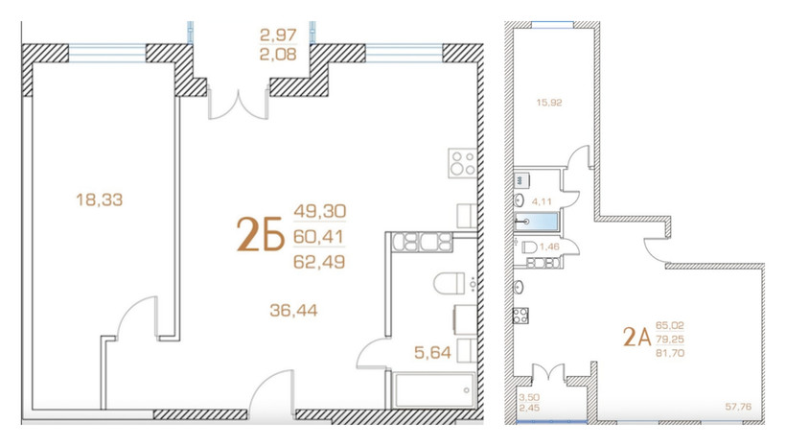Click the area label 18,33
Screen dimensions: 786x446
[100, 200]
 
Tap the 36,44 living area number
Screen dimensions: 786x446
[293, 311]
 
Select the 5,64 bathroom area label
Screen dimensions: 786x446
[432, 353]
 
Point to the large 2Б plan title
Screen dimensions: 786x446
[260, 234]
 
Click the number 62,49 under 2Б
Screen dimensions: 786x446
[319, 262]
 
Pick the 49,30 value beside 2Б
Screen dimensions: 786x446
[320, 211]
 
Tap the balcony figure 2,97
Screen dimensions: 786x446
[278, 35]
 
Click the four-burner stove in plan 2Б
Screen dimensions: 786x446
[462, 162]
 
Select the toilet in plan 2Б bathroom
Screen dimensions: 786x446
[450, 284]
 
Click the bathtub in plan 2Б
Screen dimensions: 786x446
[434, 389]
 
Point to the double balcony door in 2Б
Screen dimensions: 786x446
[239, 105]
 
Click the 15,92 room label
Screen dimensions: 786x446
[549, 103]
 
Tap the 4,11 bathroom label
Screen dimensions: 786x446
[542, 201]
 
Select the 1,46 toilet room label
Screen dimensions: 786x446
[550, 246]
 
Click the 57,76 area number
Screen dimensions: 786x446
[738, 407]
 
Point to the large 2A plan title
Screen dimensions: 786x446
[636, 337]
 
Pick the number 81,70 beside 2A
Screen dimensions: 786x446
[670, 353]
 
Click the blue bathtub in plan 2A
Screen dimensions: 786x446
[537, 222]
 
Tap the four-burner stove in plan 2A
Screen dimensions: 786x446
[520, 315]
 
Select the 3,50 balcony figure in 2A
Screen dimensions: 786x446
[529, 398]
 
